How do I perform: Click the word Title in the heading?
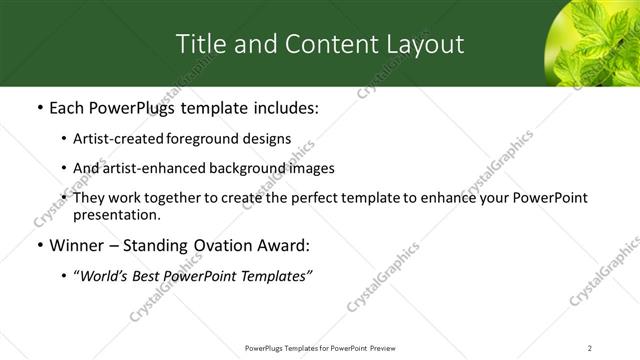pos(199,44)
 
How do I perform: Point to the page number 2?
pos(590,347)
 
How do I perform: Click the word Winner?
pos(75,246)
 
